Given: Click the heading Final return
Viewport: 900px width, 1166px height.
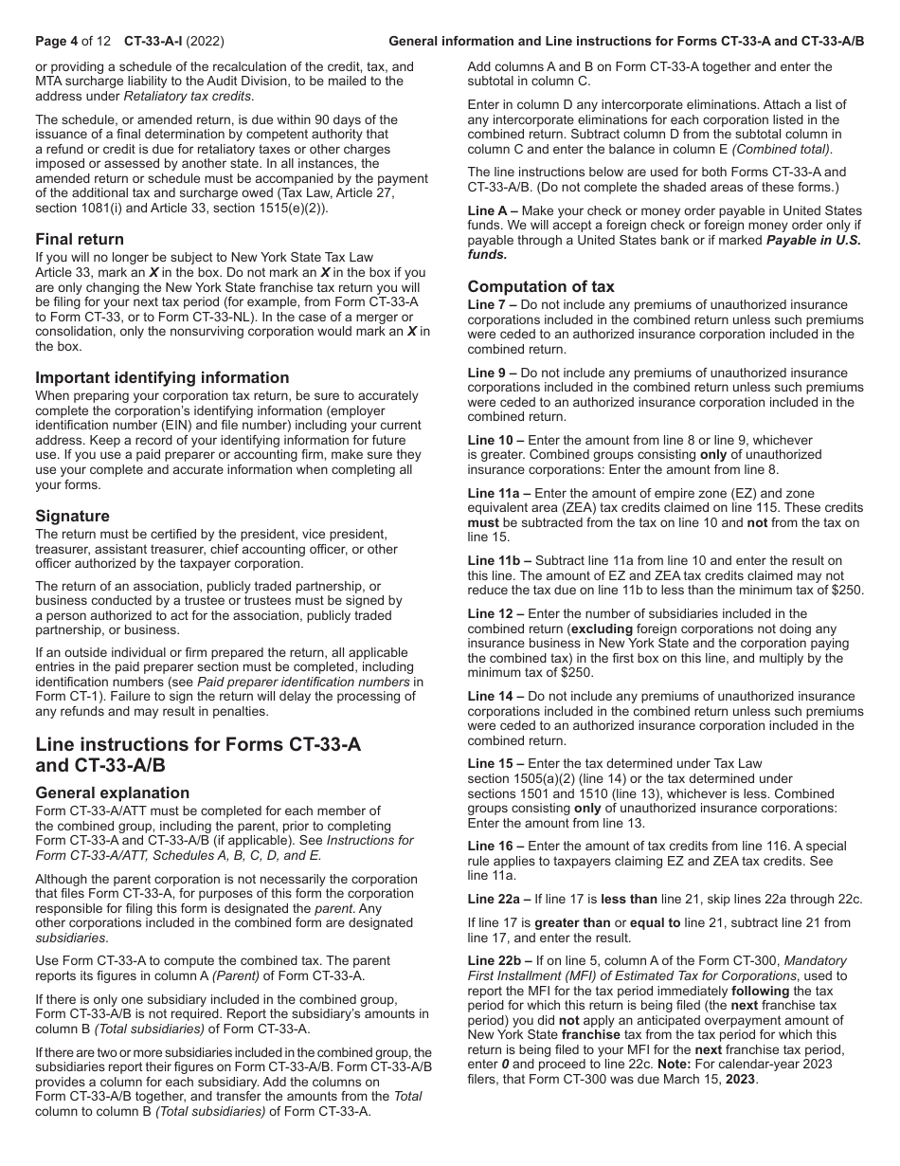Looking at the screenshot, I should pyautogui.click(x=80, y=239).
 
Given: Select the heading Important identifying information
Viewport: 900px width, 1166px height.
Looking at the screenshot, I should pyautogui.click(x=162, y=377).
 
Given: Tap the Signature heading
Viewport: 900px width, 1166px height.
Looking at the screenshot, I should pyautogui.click(x=72, y=516).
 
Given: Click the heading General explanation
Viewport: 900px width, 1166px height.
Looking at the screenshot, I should pyautogui.click(x=112, y=793).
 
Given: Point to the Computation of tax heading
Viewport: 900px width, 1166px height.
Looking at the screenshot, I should pyautogui.click(x=541, y=286).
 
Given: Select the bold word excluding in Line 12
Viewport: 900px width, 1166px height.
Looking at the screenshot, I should pyautogui.click(x=602, y=629).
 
